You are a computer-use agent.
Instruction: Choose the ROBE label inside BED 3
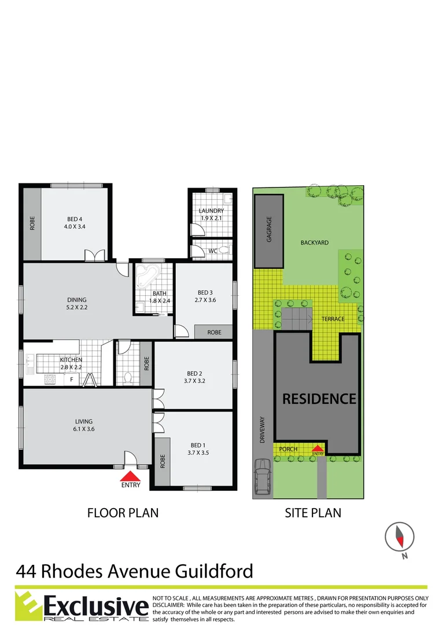pos(213,333)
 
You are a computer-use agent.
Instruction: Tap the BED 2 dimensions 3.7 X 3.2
pos(194,381)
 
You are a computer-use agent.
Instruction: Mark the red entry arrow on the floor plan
pos(131,476)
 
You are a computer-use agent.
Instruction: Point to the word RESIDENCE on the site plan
pos(319,399)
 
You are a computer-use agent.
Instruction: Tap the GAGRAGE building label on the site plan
pos(269,229)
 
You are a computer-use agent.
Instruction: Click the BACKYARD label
pos(314,242)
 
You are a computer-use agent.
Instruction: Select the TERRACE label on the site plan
pos(333,319)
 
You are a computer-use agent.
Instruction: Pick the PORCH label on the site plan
pos(288,449)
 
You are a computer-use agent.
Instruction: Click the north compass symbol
pos(399,537)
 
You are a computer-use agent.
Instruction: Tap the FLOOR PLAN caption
pos(123,513)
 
